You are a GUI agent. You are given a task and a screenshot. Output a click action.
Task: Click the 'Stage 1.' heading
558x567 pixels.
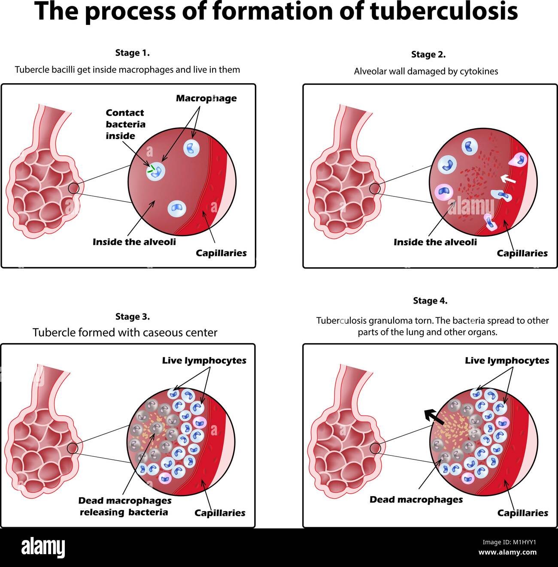(x=132, y=53)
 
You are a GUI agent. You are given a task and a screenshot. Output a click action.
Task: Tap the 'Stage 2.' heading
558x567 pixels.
(x=428, y=54)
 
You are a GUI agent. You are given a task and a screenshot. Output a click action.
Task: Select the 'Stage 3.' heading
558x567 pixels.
(x=132, y=317)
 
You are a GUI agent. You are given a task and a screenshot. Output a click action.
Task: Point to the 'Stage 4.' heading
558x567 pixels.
(x=430, y=301)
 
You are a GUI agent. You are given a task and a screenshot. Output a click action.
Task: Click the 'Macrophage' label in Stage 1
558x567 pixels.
(x=206, y=99)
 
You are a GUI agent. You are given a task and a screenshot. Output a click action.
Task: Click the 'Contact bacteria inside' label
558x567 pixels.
(x=125, y=124)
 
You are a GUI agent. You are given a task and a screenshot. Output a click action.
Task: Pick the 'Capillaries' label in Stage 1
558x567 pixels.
(x=221, y=253)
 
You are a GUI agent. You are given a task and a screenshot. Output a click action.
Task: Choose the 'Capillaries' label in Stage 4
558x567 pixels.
(x=522, y=513)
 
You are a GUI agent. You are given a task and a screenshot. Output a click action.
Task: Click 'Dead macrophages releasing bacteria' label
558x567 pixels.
(x=124, y=507)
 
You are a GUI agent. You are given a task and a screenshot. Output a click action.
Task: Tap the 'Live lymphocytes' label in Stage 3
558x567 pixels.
(x=204, y=361)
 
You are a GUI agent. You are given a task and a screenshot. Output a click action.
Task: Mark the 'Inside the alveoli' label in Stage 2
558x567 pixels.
(x=435, y=242)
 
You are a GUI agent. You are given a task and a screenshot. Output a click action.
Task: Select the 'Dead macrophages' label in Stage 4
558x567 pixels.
(x=416, y=500)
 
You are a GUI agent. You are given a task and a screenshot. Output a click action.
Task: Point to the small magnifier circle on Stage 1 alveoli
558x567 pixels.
(x=74, y=187)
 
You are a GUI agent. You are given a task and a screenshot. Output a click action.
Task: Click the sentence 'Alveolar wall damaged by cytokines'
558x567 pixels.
(x=426, y=72)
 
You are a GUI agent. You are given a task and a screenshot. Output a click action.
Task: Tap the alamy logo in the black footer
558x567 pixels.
(x=43, y=548)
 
